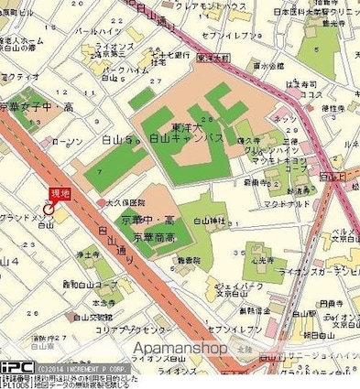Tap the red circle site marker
coord(49,209)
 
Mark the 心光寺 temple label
coord(267,260)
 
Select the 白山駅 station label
coord(43,225)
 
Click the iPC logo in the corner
coord(16,366)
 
